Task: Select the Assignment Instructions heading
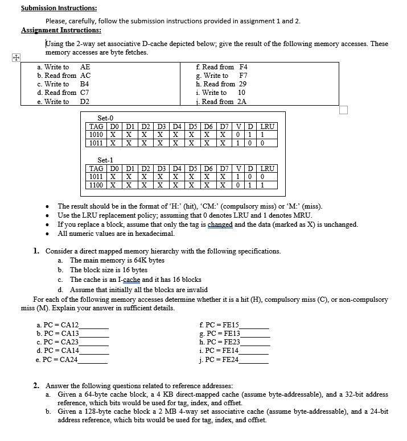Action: (61, 30)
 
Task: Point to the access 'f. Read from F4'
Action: (221, 67)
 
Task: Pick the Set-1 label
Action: (106, 160)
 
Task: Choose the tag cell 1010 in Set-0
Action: (97, 135)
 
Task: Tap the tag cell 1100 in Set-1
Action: (97, 185)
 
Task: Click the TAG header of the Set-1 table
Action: (97, 169)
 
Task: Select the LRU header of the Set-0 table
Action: (268, 126)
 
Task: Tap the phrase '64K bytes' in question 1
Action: (148, 260)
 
